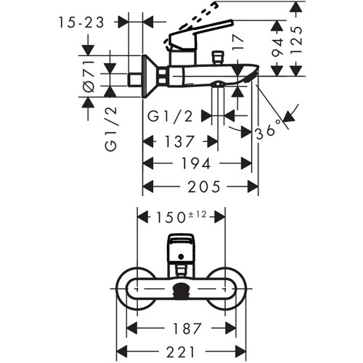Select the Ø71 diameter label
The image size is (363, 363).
click(x=89, y=76)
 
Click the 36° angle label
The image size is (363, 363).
click(x=269, y=131)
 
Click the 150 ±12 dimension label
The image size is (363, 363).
click(x=181, y=217)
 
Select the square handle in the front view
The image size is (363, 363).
click(x=181, y=248)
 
